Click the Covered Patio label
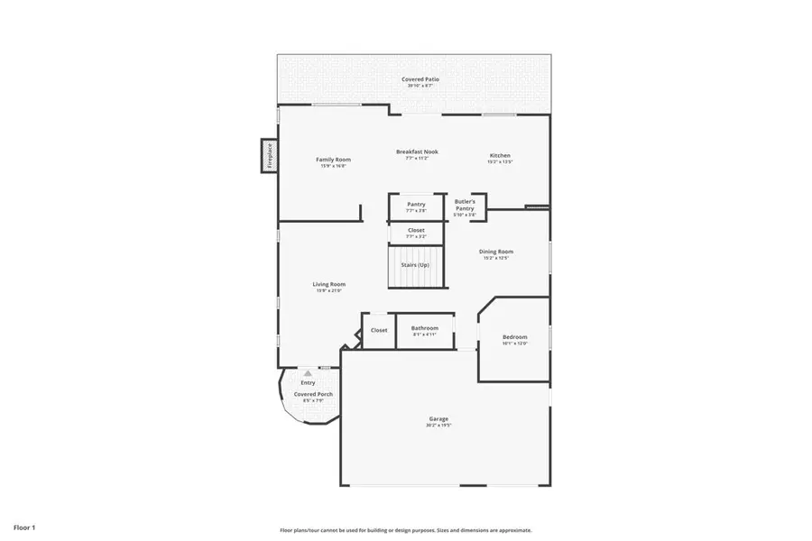click(x=420, y=79)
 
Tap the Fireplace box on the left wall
click(x=268, y=155)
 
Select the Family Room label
click(x=332, y=160)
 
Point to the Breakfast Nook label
click(x=417, y=151)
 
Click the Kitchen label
click(x=500, y=155)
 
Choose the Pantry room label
click(x=416, y=204)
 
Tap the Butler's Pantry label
click(x=465, y=205)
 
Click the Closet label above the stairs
click(x=416, y=230)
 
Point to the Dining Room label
click(x=496, y=252)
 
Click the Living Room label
click(x=329, y=284)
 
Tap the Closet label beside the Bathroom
click(x=379, y=330)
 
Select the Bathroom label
click(x=425, y=328)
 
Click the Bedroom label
click(x=514, y=337)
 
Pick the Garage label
click(x=438, y=418)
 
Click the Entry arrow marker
click(x=308, y=372)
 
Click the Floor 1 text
click(x=24, y=527)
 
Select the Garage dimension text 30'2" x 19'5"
click(x=438, y=426)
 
